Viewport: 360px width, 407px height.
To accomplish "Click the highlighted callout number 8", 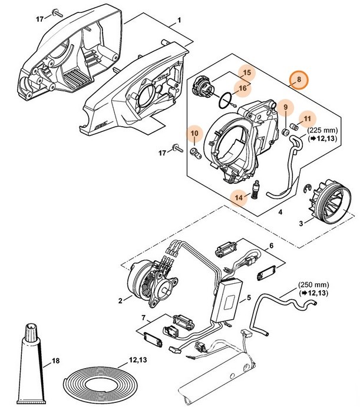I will (x=299, y=79).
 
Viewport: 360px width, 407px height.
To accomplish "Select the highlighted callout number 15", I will (x=247, y=74).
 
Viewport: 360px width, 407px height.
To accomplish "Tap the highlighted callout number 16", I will (x=242, y=88).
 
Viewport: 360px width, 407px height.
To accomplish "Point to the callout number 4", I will (x=280, y=211).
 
